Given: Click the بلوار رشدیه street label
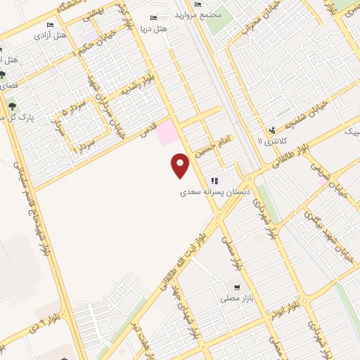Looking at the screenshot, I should pyautogui.click(x=136, y=89).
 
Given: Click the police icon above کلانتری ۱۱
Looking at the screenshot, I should pyautogui.click(x=272, y=129).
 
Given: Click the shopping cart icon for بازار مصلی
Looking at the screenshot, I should pyautogui.click(x=238, y=287).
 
